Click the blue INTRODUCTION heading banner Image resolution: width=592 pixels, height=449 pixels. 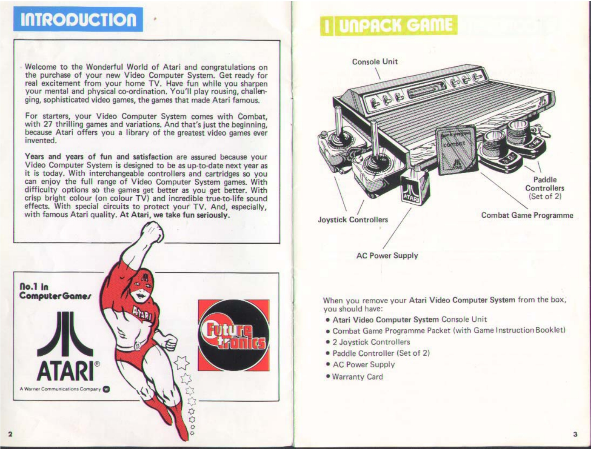pos(78,19)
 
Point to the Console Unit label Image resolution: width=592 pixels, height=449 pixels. pos(375,62)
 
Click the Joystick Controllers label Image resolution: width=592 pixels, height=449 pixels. pos(353,220)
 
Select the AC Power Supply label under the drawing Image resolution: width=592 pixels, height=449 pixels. pos(387,256)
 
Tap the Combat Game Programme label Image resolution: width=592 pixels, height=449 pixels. pos(527,215)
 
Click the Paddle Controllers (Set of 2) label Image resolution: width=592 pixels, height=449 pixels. pos(544,188)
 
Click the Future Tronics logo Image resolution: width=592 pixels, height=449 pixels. pos(233,335)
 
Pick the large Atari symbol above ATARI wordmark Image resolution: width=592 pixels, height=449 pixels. pos(66,334)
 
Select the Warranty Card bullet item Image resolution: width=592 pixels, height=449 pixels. pos(357,377)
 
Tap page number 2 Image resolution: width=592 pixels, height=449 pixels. pos(10,434)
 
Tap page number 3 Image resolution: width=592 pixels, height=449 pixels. pos(575,434)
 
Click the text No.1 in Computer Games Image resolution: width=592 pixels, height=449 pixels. pos(55,291)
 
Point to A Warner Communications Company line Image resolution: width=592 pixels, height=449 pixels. pos(60,389)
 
